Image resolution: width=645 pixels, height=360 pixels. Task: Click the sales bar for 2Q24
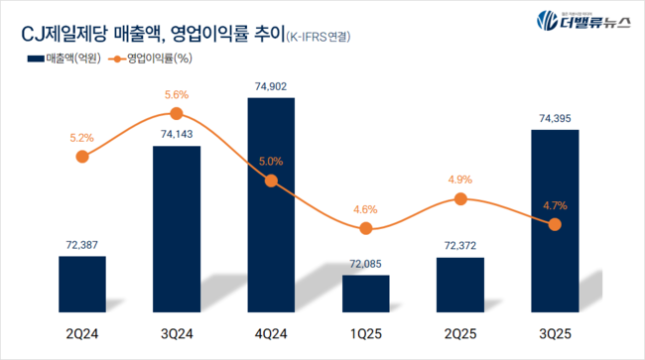[82, 282]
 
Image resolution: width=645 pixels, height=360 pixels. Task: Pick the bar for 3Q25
[555, 218]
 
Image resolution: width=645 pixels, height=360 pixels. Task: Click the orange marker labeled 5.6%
[177, 115]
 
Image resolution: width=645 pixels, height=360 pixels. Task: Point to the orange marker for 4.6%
[366, 228]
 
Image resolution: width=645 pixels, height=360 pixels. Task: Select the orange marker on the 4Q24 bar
[271, 180]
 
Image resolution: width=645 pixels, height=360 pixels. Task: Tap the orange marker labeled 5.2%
[82, 156]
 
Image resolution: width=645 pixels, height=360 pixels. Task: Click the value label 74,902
[271, 86]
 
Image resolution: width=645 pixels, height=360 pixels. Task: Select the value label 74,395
[555, 118]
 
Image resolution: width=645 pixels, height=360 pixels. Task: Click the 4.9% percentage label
[460, 180]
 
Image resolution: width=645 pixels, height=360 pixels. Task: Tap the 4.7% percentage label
[555, 205]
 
